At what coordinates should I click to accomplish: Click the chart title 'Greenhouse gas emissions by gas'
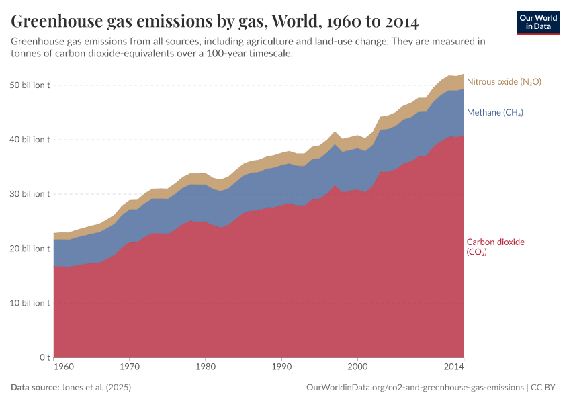point(215,21)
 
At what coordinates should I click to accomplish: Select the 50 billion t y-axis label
point(31,85)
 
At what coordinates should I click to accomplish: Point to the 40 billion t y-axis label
point(31,140)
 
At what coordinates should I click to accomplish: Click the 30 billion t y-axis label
point(31,194)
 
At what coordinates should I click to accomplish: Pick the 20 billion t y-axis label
point(31,249)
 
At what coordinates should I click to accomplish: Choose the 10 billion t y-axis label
point(31,303)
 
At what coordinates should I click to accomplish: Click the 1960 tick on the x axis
point(63,367)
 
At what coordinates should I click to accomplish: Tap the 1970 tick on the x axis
point(130,367)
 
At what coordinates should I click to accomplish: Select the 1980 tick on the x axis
point(206,367)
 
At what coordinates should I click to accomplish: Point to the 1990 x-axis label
point(281,367)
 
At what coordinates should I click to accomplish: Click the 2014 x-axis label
point(455,367)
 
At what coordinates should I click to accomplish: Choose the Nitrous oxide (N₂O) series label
point(503,81)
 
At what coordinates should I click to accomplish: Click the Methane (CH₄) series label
point(494,112)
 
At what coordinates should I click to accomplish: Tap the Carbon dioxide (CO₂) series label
point(495,247)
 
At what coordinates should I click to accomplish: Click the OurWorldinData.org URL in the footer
point(414,388)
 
